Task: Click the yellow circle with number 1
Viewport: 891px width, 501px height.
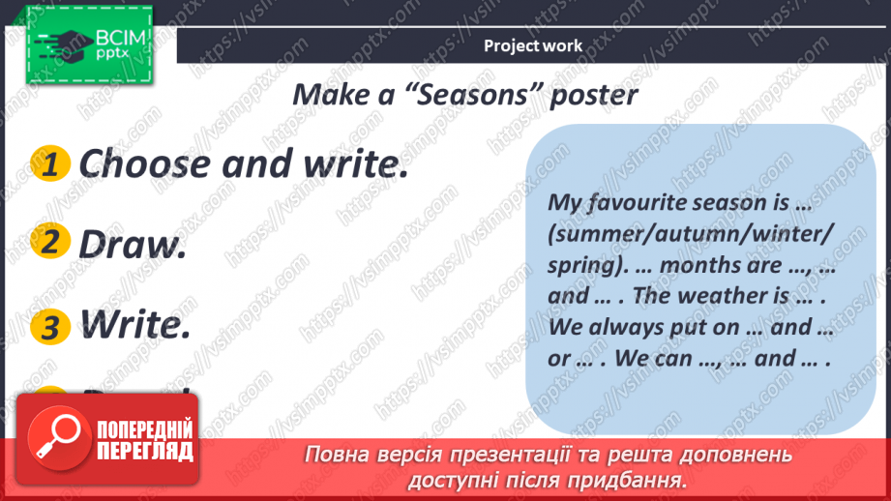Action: coord(51,164)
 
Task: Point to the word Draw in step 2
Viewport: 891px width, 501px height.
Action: coord(132,246)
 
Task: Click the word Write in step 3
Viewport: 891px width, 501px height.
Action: coord(134,326)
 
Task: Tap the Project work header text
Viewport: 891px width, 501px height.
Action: coord(533,45)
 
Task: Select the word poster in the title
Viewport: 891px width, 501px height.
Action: coord(593,96)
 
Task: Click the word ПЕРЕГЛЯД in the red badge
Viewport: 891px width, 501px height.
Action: coord(145,452)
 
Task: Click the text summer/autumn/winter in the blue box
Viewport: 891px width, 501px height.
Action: coord(691,234)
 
